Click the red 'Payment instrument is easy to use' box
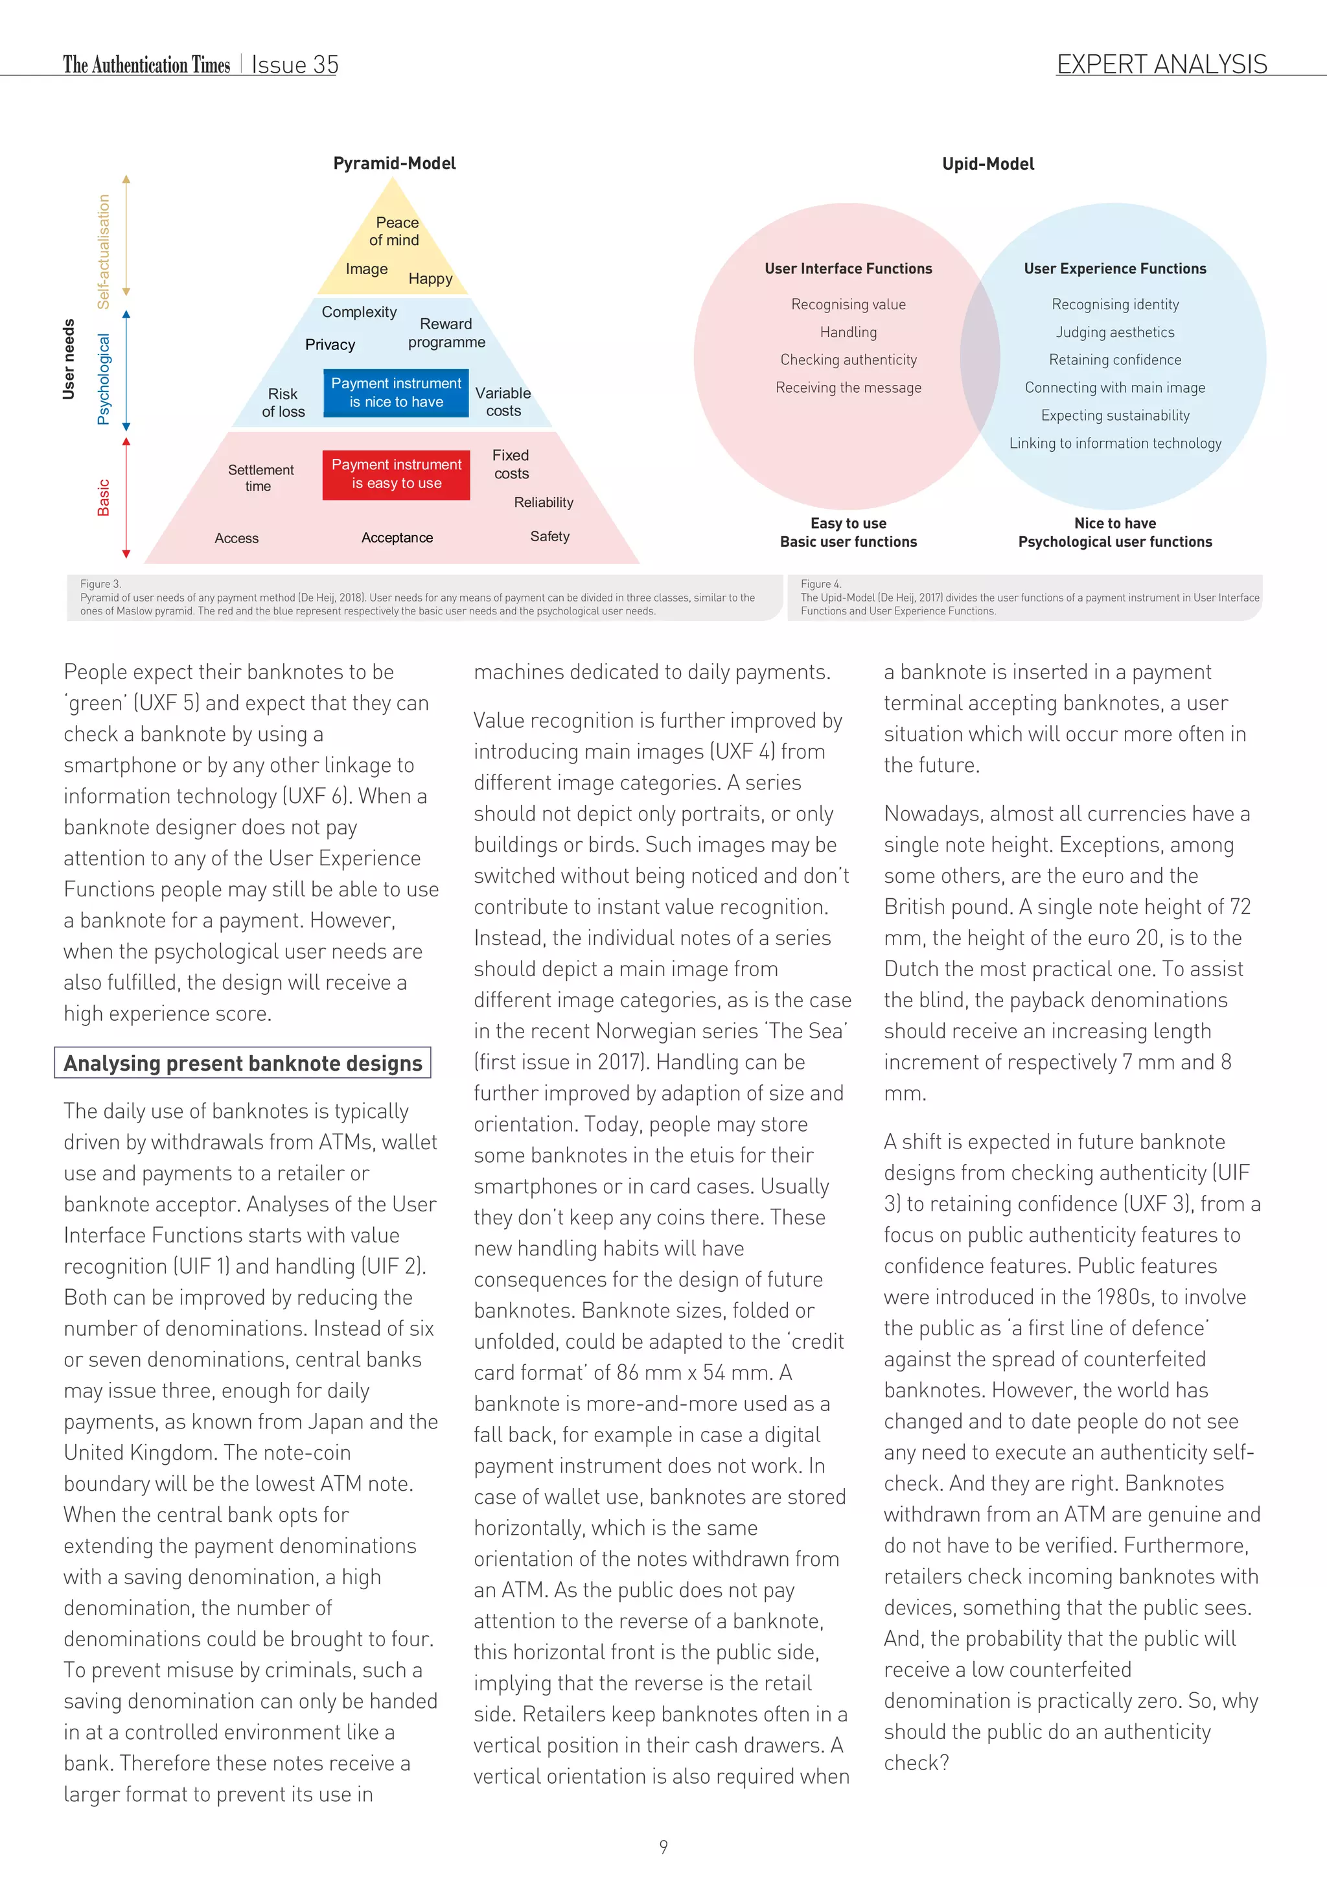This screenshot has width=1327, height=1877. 397,474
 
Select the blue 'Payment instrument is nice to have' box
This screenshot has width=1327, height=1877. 397,393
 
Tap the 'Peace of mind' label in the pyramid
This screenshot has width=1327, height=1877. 395,231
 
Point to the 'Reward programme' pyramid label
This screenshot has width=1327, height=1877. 446,332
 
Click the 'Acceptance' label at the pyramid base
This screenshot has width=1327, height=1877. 397,538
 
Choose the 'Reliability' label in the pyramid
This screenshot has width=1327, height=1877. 544,503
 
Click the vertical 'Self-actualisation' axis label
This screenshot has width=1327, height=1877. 104,251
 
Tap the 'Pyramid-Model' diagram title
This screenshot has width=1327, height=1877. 395,163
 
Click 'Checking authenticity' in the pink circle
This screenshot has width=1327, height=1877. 848,360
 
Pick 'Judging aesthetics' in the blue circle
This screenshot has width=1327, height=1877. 1114,332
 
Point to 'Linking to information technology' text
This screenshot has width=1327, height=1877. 1114,443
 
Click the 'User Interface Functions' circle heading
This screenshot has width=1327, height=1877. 848,269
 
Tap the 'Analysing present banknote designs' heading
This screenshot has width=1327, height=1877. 243,1063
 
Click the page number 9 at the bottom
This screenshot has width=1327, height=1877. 663,1846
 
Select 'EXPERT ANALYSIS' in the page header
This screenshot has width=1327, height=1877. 1161,65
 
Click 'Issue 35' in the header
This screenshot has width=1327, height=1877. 295,65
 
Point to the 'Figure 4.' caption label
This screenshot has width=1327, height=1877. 820,584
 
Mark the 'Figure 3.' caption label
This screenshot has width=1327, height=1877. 100,584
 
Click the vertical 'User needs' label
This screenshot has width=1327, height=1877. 69,360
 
